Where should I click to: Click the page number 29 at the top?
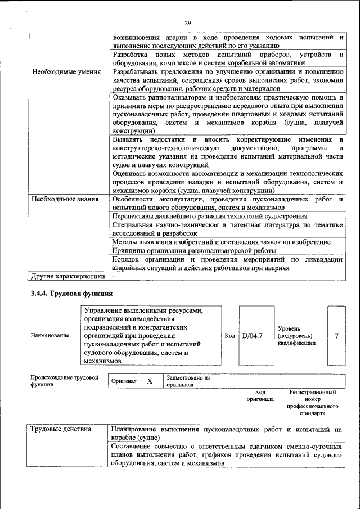click(187, 22)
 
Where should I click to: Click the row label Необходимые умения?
click(66, 72)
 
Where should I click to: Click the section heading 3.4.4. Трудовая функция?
click(71, 293)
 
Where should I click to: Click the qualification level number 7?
click(336, 336)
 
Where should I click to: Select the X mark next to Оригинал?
click(150, 381)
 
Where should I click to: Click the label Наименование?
click(51, 336)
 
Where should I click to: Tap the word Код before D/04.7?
click(229, 336)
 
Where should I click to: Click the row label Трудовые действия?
click(61, 429)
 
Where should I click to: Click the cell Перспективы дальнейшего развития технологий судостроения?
click(209, 216)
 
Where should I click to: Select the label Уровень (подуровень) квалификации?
click(296, 336)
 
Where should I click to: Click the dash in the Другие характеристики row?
click(113, 277)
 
